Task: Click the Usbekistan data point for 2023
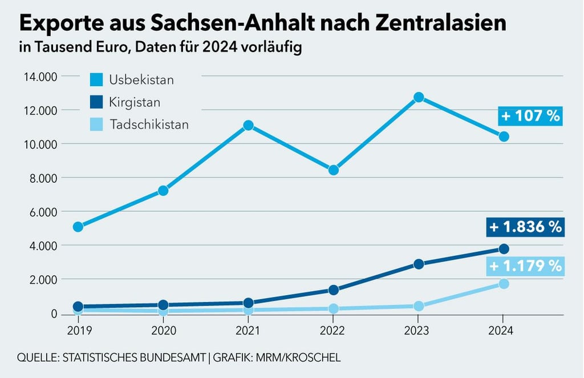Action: [419, 97]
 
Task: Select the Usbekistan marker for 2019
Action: [78, 227]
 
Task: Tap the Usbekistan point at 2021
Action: [248, 125]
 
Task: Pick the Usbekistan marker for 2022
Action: [334, 170]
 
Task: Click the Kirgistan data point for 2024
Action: [504, 248]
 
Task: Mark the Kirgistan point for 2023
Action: [419, 264]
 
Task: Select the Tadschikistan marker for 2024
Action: [504, 283]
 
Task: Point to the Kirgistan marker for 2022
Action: [334, 289]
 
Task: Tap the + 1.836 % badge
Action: [525, 227]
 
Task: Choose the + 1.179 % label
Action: [525, 266]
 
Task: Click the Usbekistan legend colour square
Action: [96, 80]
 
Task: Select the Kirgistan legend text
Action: [135, 103]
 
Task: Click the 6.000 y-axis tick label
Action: [40, 212]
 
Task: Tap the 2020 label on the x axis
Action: [163, 330]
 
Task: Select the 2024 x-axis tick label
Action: [504, 330]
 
